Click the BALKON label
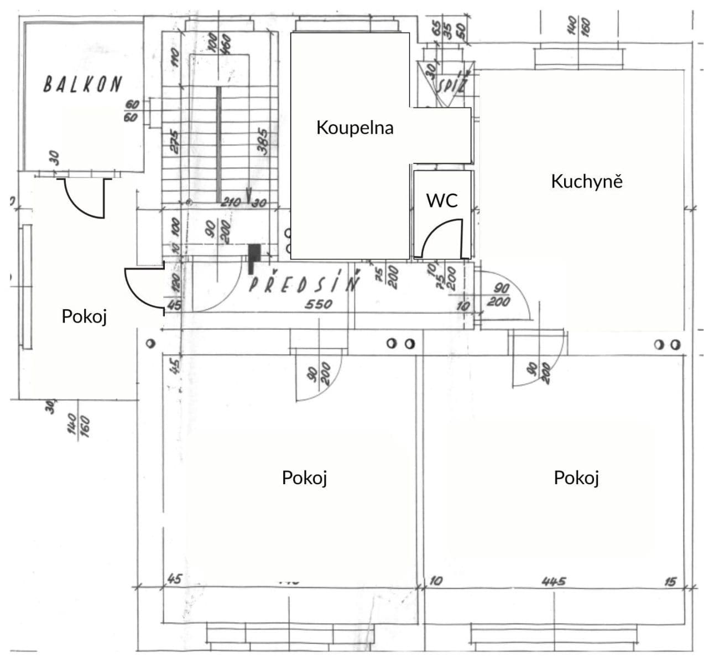83,85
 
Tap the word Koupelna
354,128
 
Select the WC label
442,200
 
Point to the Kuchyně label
586,181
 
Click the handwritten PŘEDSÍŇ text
303,283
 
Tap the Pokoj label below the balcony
84,317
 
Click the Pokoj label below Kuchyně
576,478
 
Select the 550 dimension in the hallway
318,304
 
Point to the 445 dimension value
554,581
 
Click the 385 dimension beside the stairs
263,142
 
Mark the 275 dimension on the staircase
174,142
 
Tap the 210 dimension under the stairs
231,203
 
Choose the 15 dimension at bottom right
670,582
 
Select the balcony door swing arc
83,199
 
